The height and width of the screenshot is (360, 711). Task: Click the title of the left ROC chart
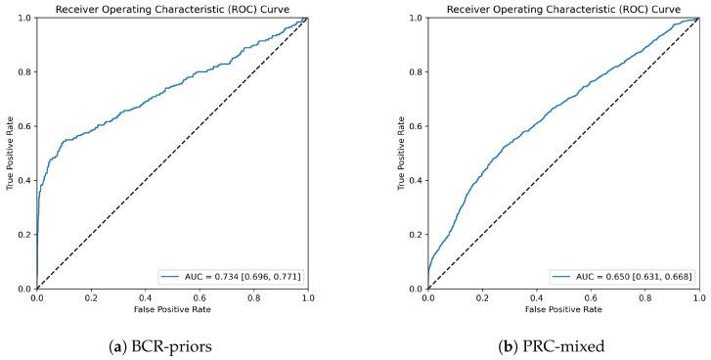172,10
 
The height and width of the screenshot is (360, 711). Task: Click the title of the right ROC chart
563,10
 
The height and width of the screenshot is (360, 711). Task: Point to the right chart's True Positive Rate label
400,154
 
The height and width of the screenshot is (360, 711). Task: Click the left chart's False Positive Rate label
172,311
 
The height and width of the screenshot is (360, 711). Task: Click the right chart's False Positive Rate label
563,311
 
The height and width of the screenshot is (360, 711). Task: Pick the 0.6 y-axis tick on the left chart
24,126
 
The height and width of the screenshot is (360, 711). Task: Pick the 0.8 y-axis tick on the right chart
416,72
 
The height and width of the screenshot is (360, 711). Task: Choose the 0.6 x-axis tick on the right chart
590,298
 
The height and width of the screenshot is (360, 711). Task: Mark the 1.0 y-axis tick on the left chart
24,18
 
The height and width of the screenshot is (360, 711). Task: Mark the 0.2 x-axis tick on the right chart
482,298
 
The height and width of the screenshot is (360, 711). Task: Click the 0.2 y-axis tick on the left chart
24,235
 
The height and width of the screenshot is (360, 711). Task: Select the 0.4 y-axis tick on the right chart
416,181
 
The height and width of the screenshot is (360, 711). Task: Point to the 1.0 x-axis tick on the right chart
698,298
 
